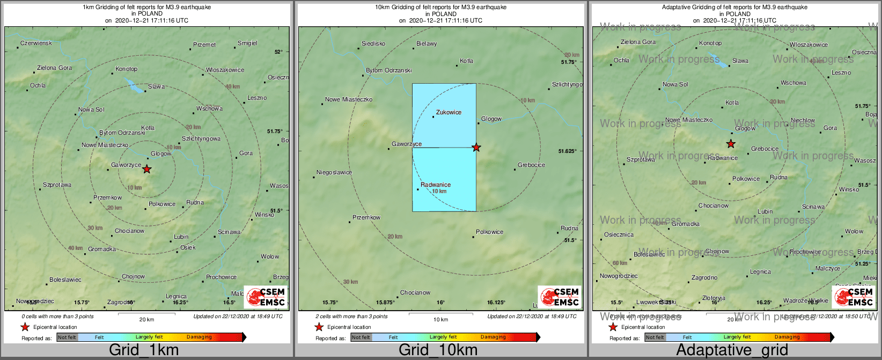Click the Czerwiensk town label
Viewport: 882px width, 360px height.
click(36, 43)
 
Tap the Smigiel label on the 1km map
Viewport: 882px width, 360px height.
click(247, 43)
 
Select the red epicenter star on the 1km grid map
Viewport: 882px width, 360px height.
click(146, 169)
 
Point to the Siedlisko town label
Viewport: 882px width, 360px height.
click(373, 43)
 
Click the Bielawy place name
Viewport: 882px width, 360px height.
click(427, 43)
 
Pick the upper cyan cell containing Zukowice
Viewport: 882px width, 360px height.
click(444, 115)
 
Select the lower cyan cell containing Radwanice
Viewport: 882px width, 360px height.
click(444, 179)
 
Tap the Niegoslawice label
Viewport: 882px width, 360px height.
click(334, 172)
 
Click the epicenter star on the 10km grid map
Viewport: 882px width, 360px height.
click(476, 147)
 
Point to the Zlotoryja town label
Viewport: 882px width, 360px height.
click(714, 298)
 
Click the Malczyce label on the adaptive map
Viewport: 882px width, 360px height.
click(828, 268)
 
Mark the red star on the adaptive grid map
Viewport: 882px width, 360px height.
click(731, 144)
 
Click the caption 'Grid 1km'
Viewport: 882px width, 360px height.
click(144, 350)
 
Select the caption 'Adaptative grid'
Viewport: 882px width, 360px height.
click(732, 350)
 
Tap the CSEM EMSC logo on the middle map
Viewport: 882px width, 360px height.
click(560, 297)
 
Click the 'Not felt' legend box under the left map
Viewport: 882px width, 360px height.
click(67, 337)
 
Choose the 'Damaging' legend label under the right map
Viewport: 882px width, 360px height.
click(787, 337)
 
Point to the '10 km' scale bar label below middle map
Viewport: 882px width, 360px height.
click(440, 320)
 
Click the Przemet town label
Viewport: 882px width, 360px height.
click(204, 45)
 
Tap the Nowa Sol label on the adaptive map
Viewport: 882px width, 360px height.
click(675, 84)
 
